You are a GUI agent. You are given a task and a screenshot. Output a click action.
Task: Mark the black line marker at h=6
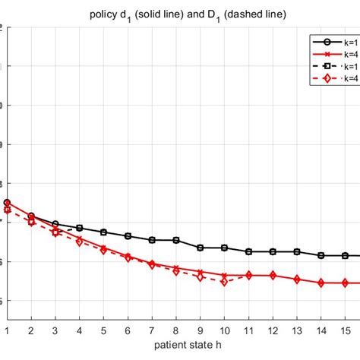tap(128, 236)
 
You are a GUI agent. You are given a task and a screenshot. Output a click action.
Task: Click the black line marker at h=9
tap(201, 248)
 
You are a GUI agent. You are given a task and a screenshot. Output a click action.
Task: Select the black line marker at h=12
tap(273, 251)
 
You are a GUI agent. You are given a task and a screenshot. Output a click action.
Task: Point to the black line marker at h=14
tap(321, 255)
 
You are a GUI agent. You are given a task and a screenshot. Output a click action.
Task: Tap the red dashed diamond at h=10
tap(224, 282)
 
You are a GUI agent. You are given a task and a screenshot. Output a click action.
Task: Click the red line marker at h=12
tap(273, 275)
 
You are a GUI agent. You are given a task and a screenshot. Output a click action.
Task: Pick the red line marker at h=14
tap(321, 283)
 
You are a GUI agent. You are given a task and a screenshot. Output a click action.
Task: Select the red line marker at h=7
tap(152, 264)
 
